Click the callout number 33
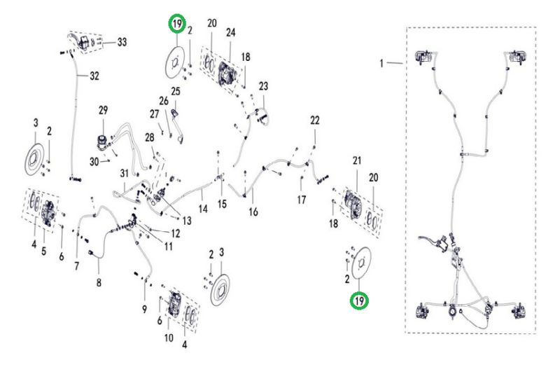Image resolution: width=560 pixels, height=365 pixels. pos(122,42)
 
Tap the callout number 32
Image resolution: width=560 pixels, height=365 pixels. pos(94,77)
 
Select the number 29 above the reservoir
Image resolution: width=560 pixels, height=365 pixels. pos(104,111)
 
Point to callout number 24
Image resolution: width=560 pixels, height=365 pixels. pos(230,32)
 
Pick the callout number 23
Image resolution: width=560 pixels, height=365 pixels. pos(263,86)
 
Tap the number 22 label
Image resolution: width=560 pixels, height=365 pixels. pos(315,120)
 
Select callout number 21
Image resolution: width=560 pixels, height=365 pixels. pos(356,161)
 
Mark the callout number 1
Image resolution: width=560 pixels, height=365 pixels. pos(383,63)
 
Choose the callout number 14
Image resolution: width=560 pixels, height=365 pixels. pos(203,208)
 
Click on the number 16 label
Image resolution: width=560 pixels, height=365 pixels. pos(254,212)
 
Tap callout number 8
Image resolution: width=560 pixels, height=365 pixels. pos(99,282)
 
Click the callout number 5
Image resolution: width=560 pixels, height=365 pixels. pos(43,250)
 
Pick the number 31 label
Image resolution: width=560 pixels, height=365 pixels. pos(124,174)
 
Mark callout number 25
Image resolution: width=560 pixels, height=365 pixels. pos(176,92)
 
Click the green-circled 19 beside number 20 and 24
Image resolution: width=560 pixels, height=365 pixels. pos(178,26)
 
